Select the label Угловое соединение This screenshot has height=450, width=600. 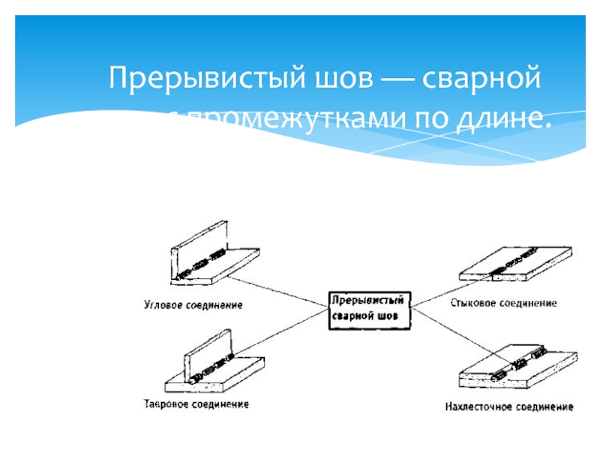click(193, 305)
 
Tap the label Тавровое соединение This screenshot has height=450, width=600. click(196, 404)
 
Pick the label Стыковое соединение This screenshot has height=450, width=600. click(504, 303)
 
